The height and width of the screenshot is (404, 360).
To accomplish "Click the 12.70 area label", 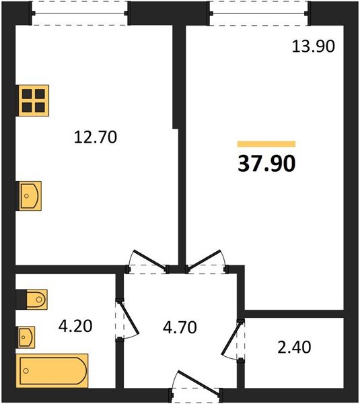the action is point(96,137).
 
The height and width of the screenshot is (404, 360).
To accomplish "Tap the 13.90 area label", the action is point(314,46).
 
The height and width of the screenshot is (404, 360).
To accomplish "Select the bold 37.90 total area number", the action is point(266,164).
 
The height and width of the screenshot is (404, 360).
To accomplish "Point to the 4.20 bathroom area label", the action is point(75,326).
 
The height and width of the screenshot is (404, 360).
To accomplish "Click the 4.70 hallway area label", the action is point(180,327).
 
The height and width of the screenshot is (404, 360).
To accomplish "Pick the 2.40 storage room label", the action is point(294,347).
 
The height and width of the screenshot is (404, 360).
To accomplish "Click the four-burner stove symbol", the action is point(32,100).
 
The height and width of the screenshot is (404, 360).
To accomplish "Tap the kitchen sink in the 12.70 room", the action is point(29,196).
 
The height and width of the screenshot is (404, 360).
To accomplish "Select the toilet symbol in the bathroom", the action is point(32,299).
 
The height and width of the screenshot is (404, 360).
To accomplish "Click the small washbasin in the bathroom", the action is point(26,337).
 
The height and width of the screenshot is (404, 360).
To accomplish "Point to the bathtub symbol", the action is point(52,371).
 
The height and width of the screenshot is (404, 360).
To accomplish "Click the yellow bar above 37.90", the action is point(266,144).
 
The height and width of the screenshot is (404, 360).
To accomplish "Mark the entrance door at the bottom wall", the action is point(196,383).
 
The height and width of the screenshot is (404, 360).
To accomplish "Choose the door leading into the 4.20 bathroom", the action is point(127,319).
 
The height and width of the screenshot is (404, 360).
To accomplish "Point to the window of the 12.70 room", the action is point(79,13).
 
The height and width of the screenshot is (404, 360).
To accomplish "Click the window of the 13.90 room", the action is point(259,13).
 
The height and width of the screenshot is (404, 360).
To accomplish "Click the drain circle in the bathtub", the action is point(26,371).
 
